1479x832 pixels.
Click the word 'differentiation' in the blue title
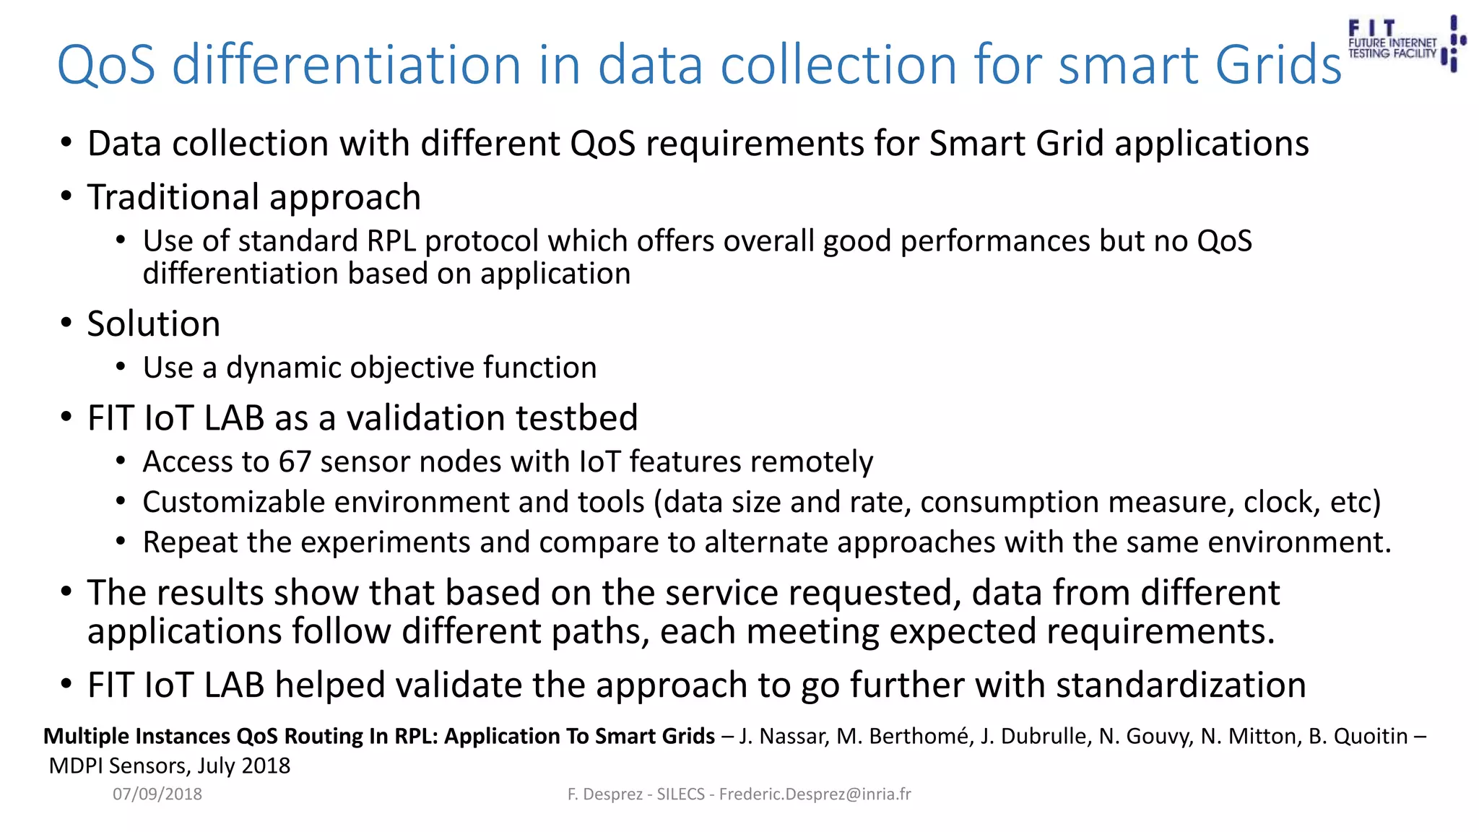[x=347, y=65]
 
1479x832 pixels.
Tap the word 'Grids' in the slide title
[x=1278, y=65]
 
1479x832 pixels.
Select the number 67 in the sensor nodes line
[x=295, y=462]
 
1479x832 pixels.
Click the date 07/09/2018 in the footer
[x=157, y=794]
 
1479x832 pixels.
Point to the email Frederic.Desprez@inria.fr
[x=815, y=794]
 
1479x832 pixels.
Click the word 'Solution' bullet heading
[x=154, y=324]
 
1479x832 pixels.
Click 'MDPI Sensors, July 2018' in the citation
[x=170, y=766]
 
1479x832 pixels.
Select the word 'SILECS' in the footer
[x=680, y=794]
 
